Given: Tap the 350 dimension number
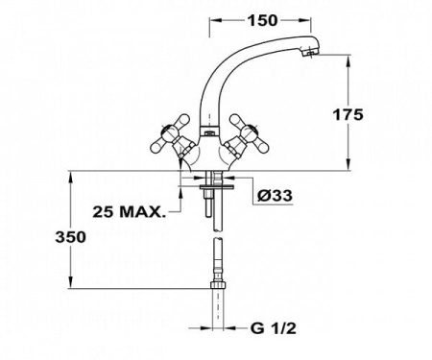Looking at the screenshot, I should click(x=74, y=236).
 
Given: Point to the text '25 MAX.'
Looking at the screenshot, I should click(x=127, y=211).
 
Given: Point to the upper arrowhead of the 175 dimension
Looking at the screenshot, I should click(x=341, y=60).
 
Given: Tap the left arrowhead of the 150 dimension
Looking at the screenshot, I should click(x=214, y=19).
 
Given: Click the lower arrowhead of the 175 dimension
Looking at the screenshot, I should click(x=341, y=166).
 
